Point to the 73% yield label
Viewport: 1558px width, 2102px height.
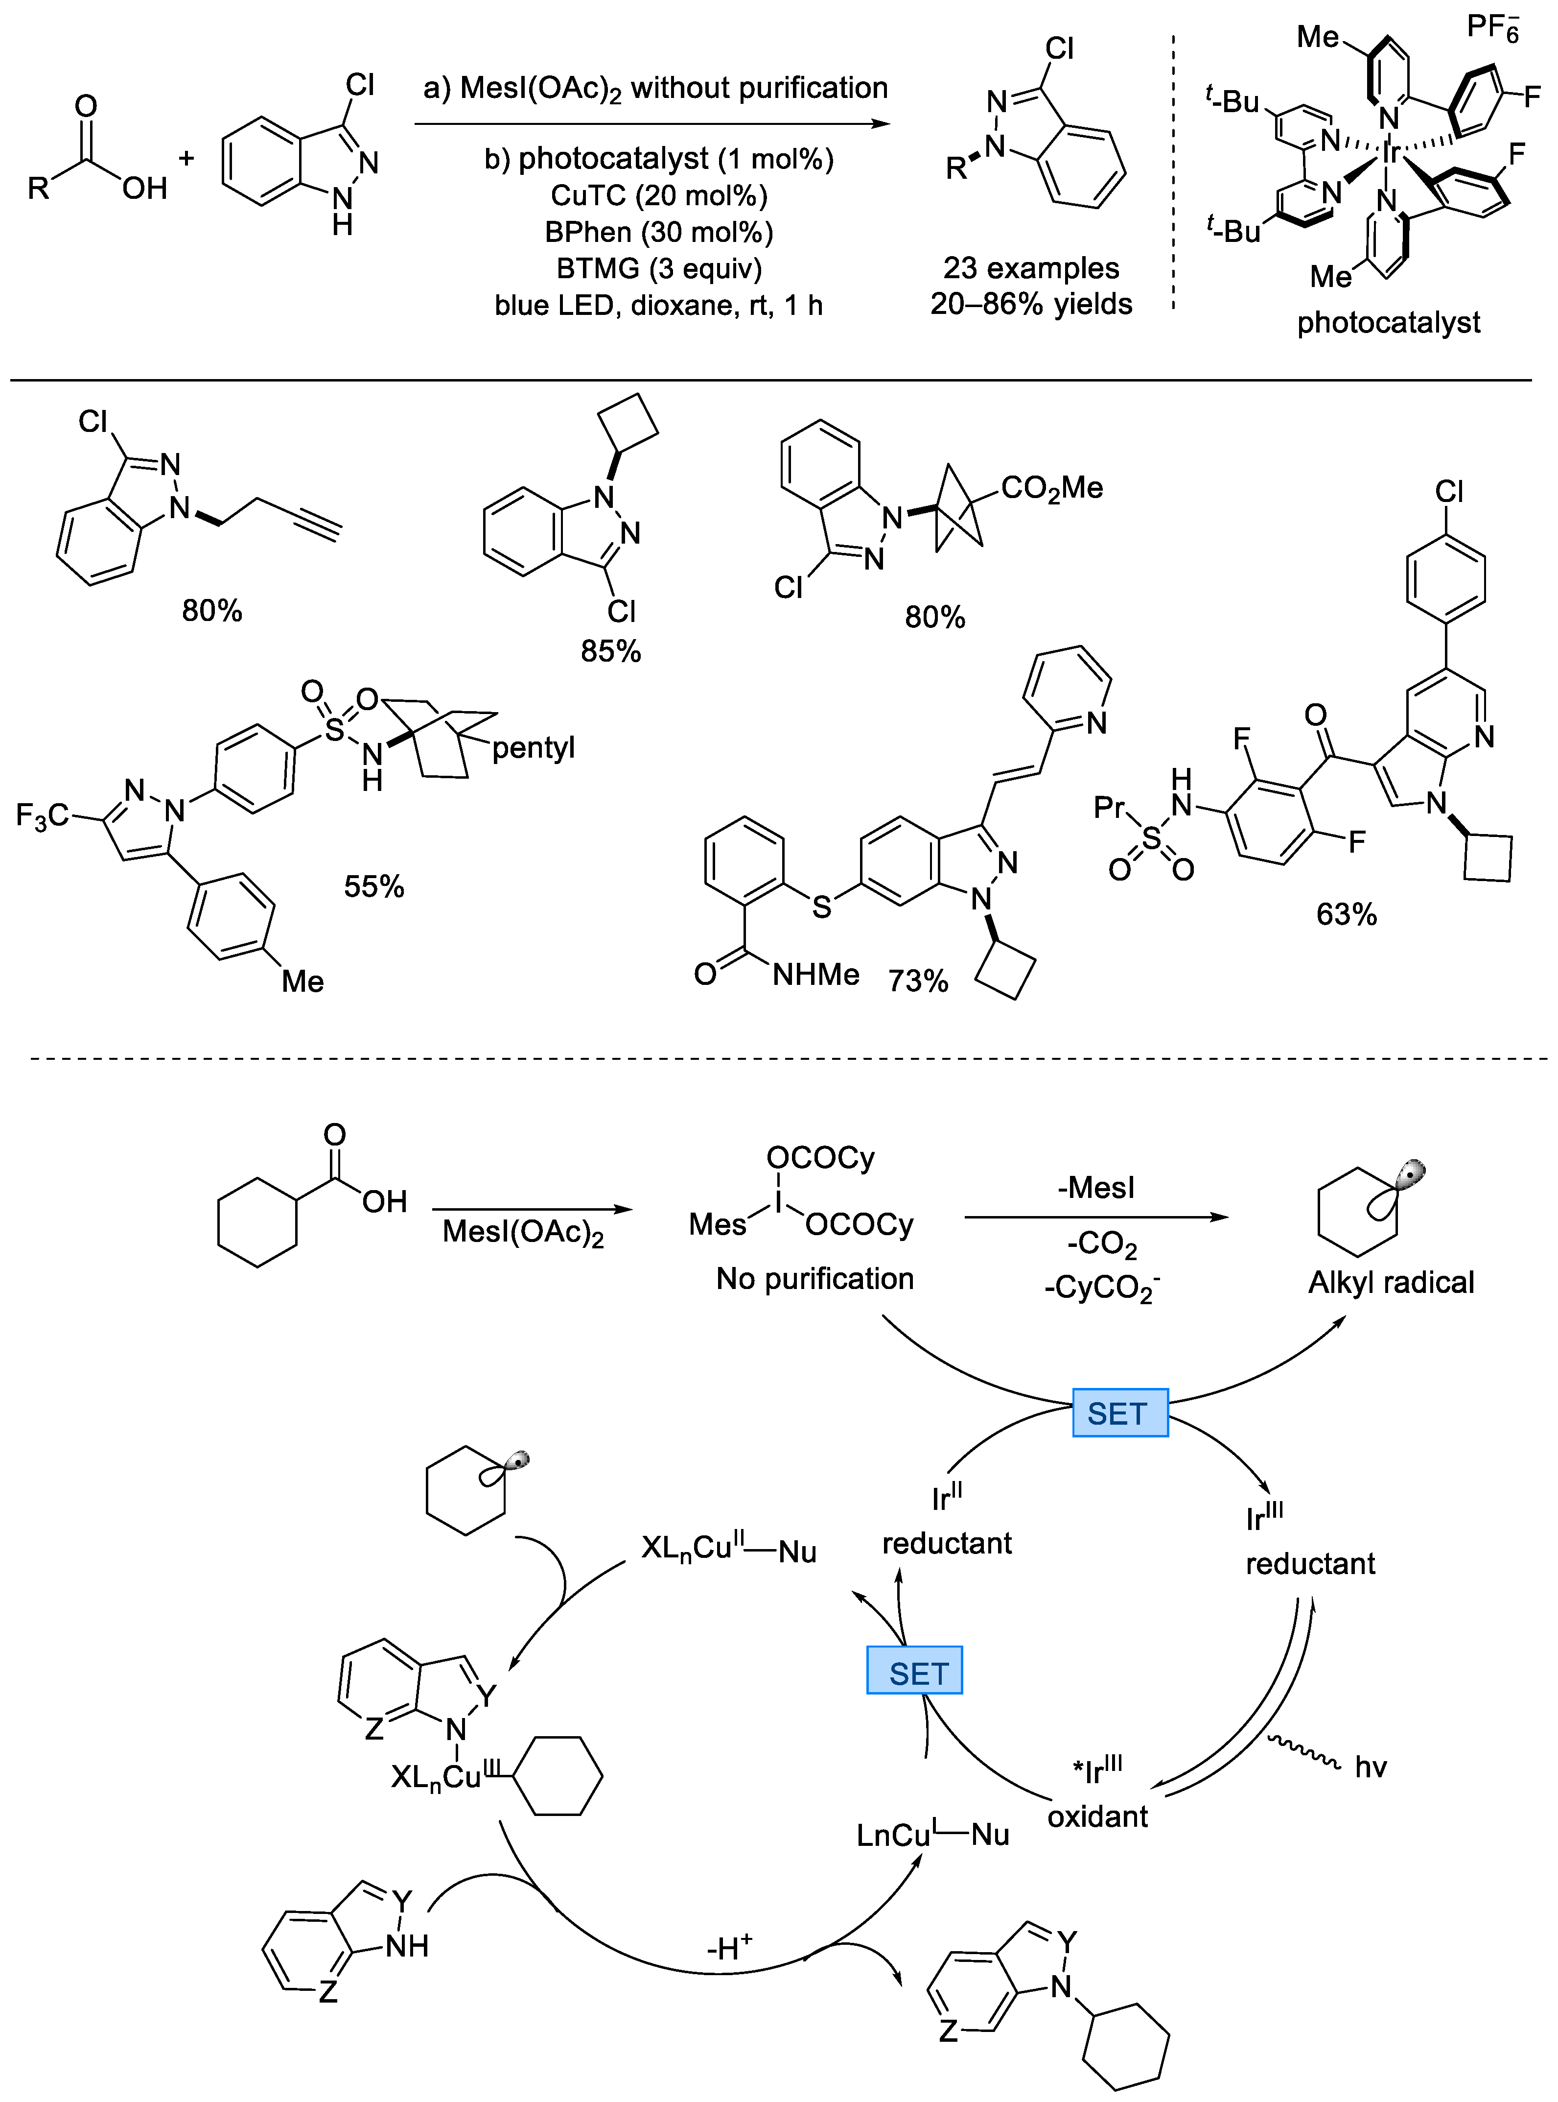coord(917,980)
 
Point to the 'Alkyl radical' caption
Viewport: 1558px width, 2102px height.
coord(1390,1282)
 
